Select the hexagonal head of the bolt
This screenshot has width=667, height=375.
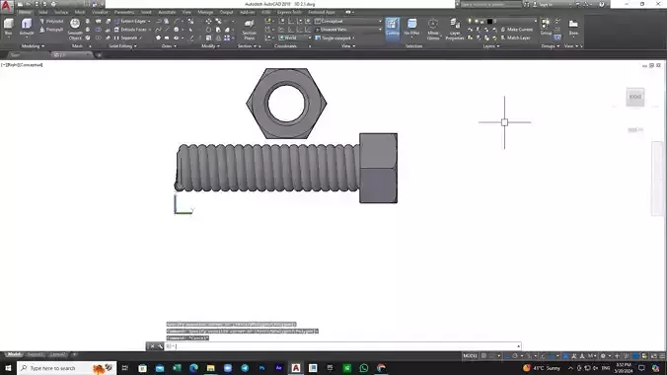(x=378, y=168)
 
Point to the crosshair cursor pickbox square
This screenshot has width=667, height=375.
(x=504, y=122)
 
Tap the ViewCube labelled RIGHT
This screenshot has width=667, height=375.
(x=634, y=97)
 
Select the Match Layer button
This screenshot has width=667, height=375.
(x=521, y=37)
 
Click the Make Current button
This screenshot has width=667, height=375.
(x=520, y=29)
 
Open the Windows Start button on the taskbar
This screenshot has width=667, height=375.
(x=8, y=368)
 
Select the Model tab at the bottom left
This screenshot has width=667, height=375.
(x=15, y=353)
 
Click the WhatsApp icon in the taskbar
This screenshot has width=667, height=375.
(x=364, y=368)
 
